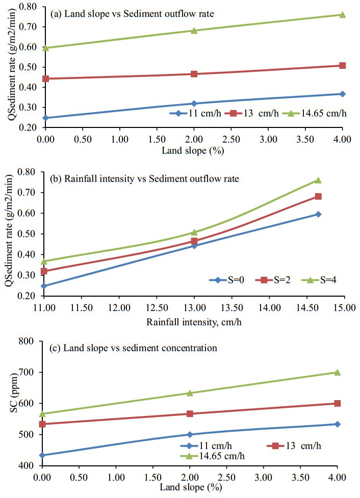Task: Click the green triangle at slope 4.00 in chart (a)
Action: [342, 14]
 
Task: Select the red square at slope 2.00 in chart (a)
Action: [194, 74]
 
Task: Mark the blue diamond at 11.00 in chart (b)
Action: [45, 286]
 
